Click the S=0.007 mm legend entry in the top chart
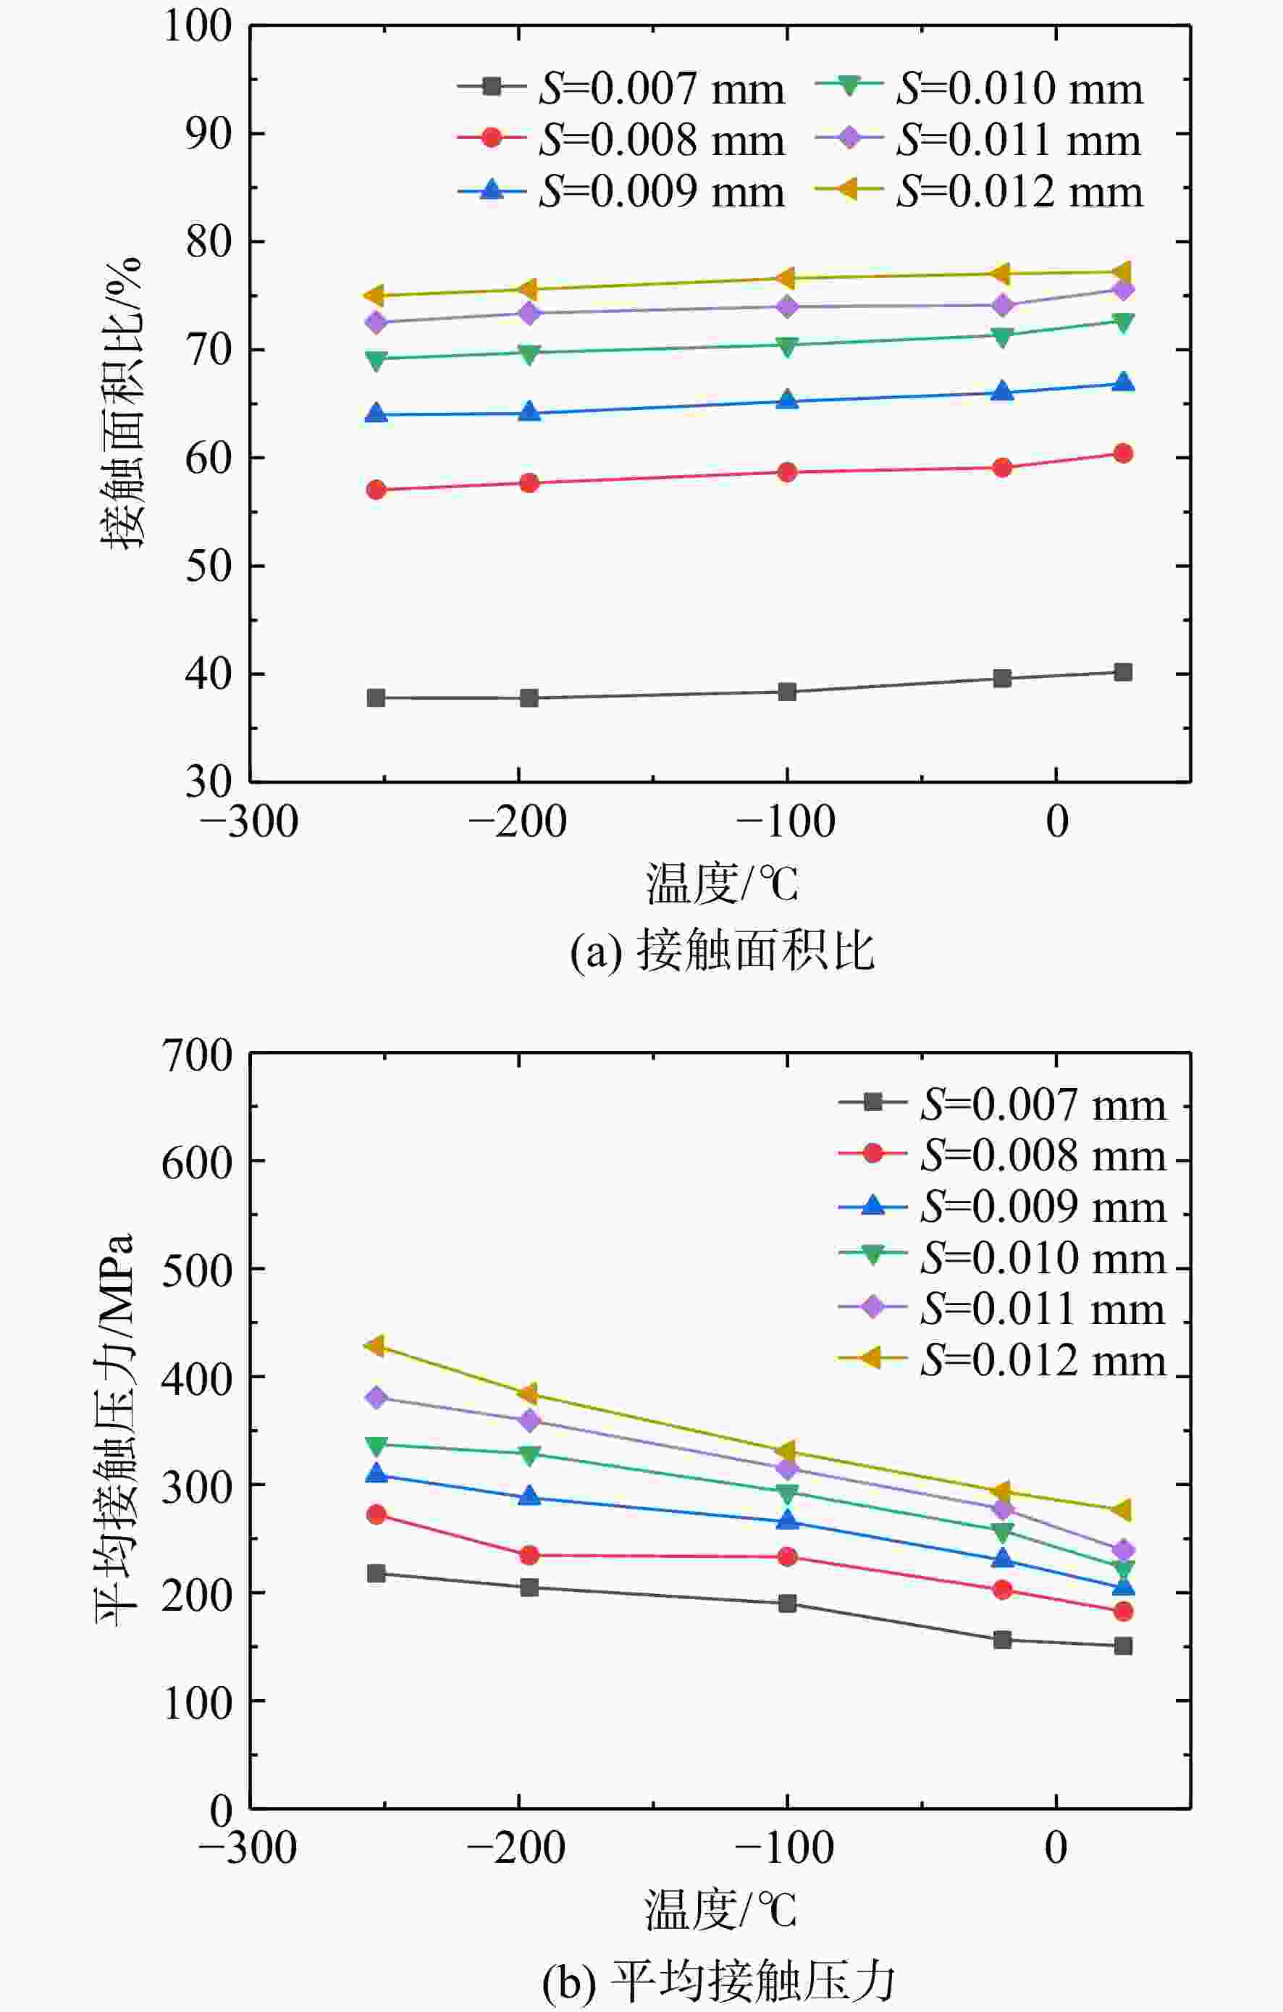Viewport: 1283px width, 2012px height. (621, 88)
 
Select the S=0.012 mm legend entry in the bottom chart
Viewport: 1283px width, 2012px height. (1002, 1360)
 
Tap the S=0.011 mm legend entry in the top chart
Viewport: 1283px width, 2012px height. (978, 140)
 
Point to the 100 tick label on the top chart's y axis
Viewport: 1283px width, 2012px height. (196, 26)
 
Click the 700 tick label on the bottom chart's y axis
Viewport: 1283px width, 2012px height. (196, 1055)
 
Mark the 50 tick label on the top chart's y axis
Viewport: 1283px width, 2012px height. (208, 566)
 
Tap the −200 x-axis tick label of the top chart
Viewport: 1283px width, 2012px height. (518, 821)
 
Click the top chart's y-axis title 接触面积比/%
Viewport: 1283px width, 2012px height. (122, 402)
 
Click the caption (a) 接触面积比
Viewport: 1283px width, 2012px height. (723, 950)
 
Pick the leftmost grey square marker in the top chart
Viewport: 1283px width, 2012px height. (376, 697)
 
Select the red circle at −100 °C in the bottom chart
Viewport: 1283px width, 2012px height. (787, 1556)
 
